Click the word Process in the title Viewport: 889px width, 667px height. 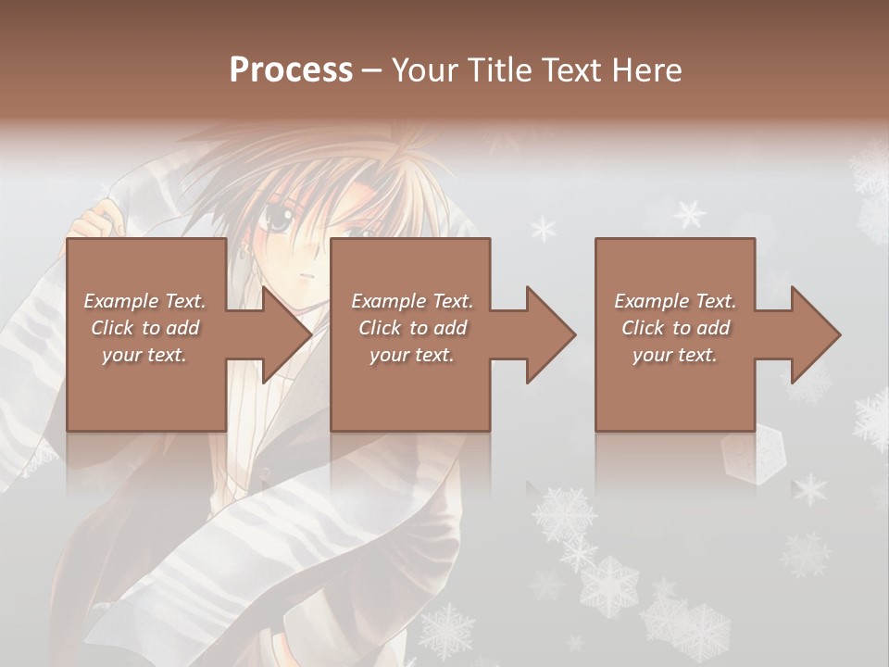[291, 69]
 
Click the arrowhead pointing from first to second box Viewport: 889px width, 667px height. [287, 334]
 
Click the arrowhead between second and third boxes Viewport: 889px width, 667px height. [551, 334]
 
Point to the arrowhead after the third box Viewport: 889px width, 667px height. [816, 334]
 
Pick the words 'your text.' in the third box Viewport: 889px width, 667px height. [675, 355]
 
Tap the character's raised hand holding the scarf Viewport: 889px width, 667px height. [97, 220]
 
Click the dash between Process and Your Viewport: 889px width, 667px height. [372, 69]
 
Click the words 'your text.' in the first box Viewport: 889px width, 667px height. [144, 355]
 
